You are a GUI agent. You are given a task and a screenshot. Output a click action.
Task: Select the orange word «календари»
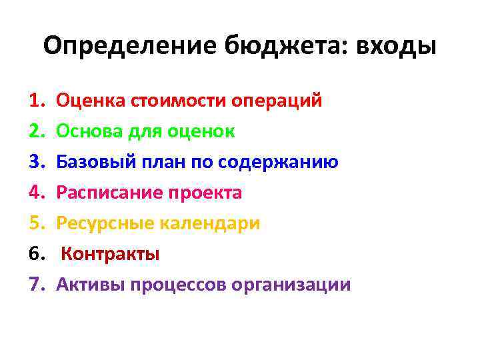212,223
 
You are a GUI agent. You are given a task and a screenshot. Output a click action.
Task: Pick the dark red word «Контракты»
111,254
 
